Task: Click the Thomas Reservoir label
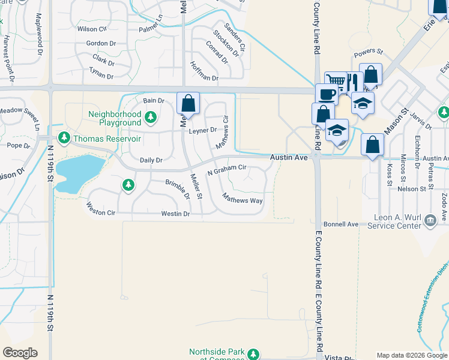click(107, 139)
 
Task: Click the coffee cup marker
click(327, 95)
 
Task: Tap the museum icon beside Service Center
click(430, 221)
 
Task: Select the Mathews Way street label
click(243, 199)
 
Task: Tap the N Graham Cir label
click(227, 170)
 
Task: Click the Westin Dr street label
click(175, 214)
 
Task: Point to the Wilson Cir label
click(92, 29)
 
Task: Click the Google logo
click(20, 353)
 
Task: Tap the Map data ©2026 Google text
click(411, 356)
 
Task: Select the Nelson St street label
click(412, 188)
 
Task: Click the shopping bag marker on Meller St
click(188, 103)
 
